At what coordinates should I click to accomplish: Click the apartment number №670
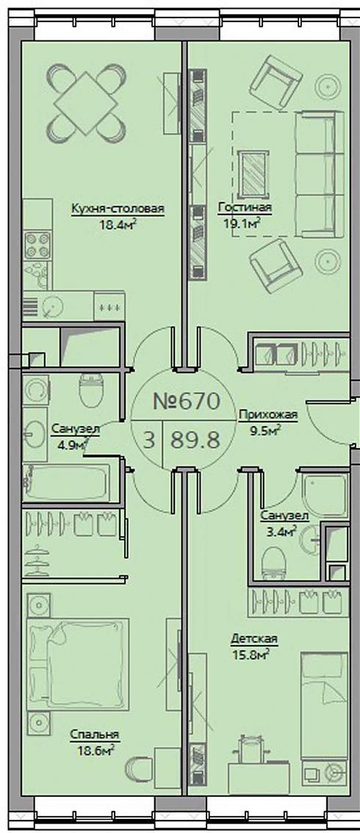click(x=186, y=401)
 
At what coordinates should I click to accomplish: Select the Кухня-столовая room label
click(x=118, y=209)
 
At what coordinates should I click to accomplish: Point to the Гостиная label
click(x=244, y=209)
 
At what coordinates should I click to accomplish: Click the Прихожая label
click(x=268, y=415)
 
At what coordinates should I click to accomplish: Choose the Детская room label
click(x=254, y=638)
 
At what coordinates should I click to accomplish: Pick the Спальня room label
click(x=95, y=735)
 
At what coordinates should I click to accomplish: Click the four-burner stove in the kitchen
click(x=37, y=245)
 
